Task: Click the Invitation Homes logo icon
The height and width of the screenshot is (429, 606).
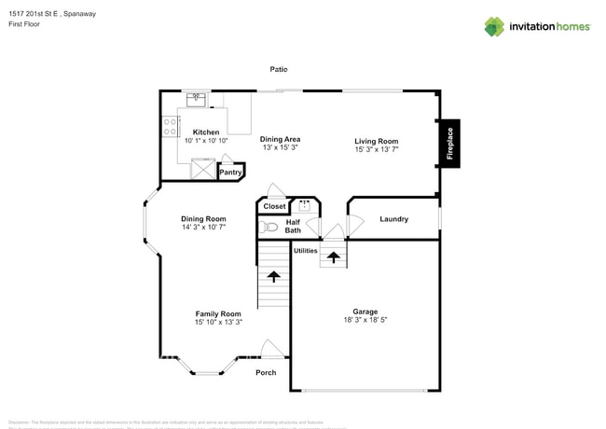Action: point(493,26)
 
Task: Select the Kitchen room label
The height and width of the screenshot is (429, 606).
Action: point(205,132)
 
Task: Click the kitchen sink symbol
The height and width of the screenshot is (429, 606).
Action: point(196,98)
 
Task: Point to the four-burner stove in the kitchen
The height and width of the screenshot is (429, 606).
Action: point(171,127)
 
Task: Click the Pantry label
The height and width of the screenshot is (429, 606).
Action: point(230,172)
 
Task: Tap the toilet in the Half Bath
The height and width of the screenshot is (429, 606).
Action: point(269,227)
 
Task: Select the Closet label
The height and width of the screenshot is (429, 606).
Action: point(274,206)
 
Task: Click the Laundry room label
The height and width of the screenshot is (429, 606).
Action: point(393,219)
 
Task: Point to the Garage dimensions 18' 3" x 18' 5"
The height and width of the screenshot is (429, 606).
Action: point(365,320)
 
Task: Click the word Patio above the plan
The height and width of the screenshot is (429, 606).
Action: point(279,69)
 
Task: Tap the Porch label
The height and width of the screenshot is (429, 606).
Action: point(266,372)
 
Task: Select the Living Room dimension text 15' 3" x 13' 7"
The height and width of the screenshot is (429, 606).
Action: point(376,149)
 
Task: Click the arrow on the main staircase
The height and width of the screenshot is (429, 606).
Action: point(273,276)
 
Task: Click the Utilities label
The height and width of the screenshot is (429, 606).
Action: point(305,250)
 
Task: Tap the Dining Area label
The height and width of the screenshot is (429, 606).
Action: point(280,139)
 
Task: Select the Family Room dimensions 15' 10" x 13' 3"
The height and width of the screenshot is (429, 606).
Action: point(218,322)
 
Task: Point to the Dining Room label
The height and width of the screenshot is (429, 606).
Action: point(203,218)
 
